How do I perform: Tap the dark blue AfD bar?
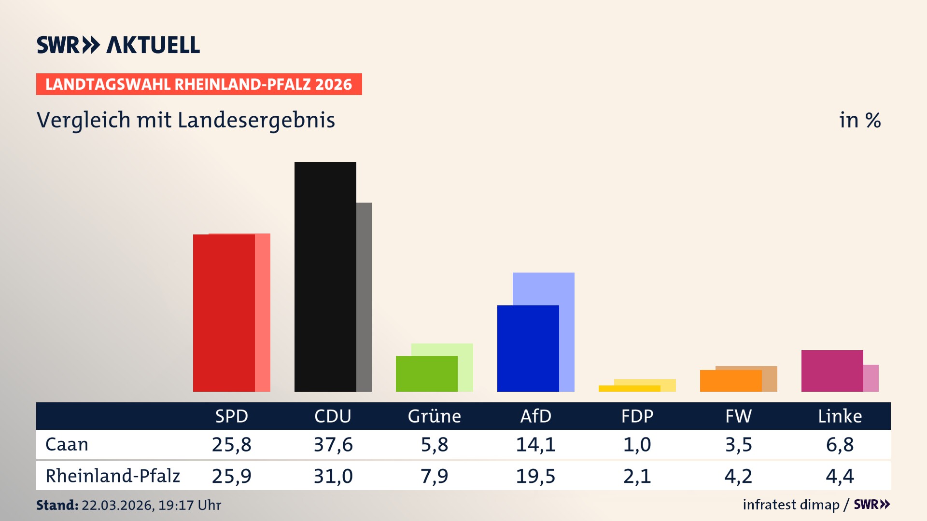[528, 348]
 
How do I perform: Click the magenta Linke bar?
[832, 370]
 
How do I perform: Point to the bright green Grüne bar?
[426, 373]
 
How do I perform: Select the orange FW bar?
[730, 381]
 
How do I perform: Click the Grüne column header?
[434, 416]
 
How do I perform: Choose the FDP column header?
[637, 416]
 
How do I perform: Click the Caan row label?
[67, 444]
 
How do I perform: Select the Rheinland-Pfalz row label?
[112, 476]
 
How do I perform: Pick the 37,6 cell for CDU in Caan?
[333, 444]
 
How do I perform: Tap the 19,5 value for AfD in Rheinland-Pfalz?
[535, 476]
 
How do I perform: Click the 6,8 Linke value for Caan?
[840, 444]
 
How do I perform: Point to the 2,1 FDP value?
[637, 476]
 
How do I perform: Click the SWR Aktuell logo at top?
[118, 45]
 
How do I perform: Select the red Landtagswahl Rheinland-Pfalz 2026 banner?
[199, 84]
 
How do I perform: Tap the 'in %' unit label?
[859, 120]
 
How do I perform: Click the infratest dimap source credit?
[791, 505]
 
